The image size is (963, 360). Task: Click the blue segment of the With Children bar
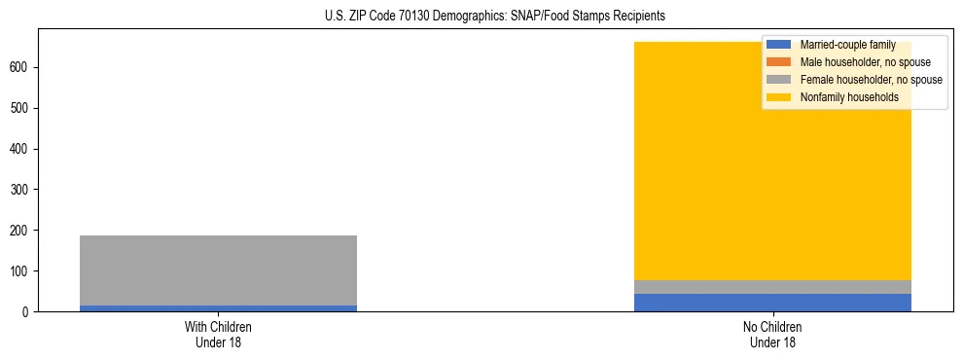tap(218, 308)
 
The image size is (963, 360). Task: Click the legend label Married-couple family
tap(847, 45)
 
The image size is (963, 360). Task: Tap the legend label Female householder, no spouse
tap(871, 80)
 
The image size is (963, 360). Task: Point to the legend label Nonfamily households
tap(842, 97)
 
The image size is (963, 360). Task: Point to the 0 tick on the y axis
tap(28, 312)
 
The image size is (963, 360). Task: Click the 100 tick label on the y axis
tap(22, 271)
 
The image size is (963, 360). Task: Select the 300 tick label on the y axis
tap(22, 190)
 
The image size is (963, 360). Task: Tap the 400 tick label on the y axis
tap(22, 149)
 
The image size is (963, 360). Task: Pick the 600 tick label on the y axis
tap(22, 67)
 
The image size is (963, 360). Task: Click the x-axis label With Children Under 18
tap(218, 335)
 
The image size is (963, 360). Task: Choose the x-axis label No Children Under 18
tap(772, 335)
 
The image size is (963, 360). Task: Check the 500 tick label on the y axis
tap(22, 108)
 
